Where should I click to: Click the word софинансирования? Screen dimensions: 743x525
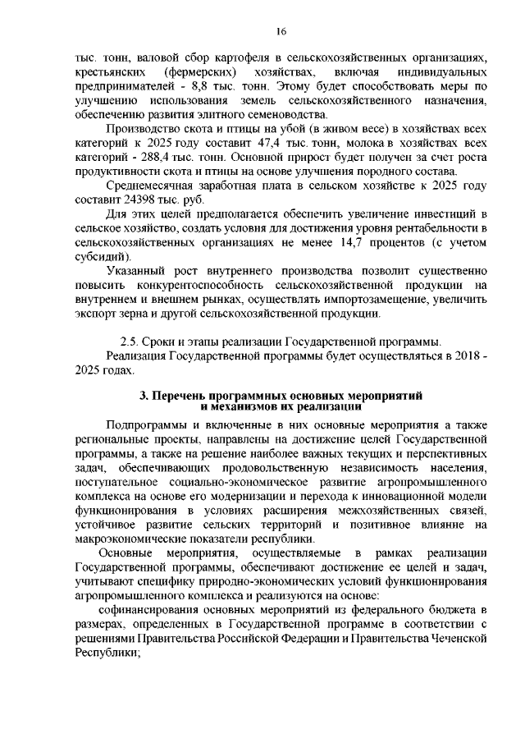click(148, 608)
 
